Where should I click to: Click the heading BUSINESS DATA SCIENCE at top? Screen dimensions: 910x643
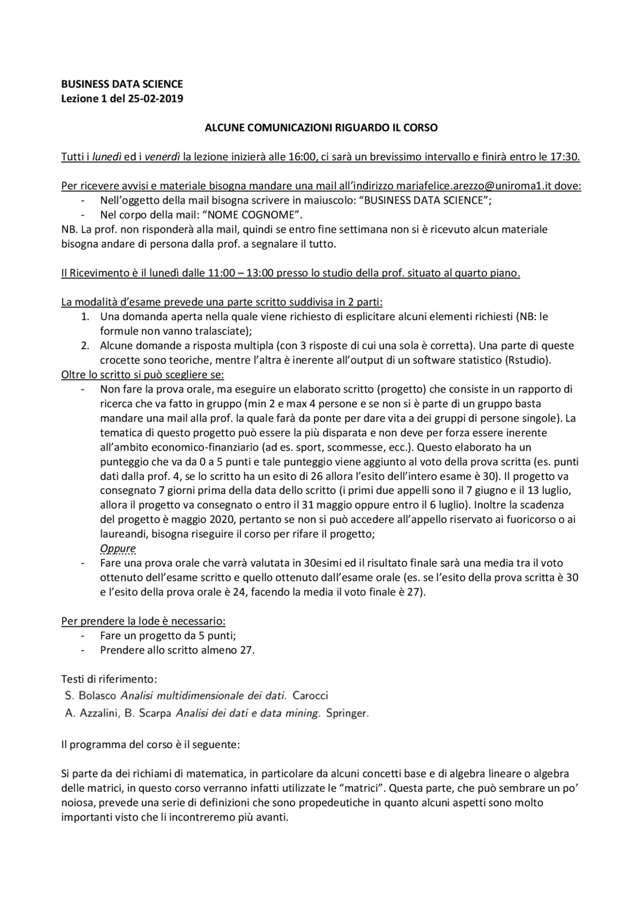click(x=122, y=84)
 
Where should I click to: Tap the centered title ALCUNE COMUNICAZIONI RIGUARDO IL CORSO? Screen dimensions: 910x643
click(x=321, y=128)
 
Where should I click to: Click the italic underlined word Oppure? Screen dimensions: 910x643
click(x=118, y=548)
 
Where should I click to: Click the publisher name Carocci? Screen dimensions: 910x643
click(x=310, y=696)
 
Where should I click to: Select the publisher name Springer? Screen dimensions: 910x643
click(x=347, y=713)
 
